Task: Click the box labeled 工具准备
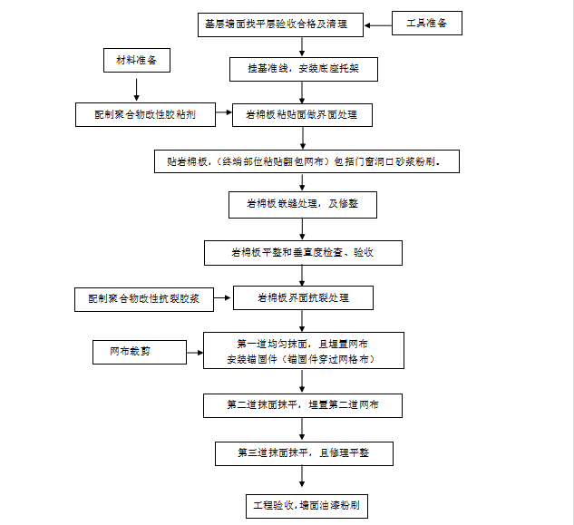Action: pos(428,23)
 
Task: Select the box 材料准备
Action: pos(136,62)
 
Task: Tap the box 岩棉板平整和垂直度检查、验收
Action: pos(302,252)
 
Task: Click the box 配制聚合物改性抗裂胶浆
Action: pos(144,297)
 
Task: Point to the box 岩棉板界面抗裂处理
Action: pos(303,297)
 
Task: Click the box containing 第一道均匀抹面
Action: pos(302,351)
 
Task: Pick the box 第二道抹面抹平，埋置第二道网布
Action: pos(302,405)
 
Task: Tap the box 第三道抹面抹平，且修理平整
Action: pos(303,452)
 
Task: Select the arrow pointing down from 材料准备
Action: pos(136,88)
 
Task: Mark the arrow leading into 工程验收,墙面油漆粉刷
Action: pos(303,478)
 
